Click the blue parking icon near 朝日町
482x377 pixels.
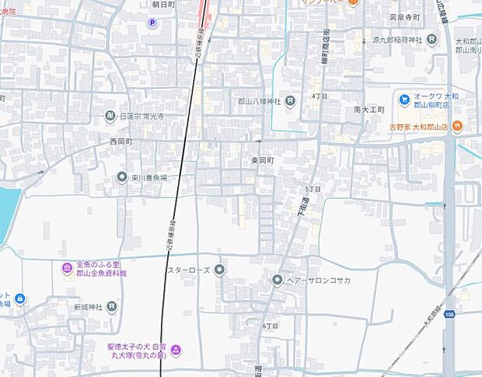pos(152,23)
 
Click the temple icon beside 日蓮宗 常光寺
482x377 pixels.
pos(110,117)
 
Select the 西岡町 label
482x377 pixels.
pos(121,142)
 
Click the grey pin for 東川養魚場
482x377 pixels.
pos(122,177)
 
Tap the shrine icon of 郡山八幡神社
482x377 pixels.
pos(290,100)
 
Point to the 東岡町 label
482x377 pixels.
pos(263,159)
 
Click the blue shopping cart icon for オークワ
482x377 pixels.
pos(404,99)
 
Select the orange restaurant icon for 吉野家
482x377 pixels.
pos(458,125)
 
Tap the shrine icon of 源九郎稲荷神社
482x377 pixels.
pos(431,39)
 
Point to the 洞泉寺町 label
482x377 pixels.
pos(405,17)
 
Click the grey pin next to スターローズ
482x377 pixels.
pos(219,270)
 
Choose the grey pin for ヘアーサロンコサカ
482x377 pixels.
pos(278,280)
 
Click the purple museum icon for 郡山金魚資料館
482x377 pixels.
pos(68,269)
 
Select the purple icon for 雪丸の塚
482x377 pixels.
pos(176,351)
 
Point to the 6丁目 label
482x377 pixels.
pos(271,325)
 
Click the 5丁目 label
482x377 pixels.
pos(313,189)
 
